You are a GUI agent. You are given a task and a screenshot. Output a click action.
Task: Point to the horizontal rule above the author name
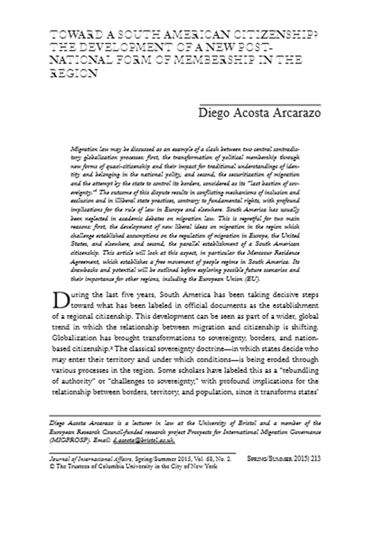click(260, 104)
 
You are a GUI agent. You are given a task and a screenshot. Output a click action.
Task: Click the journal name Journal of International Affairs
click(84, 459)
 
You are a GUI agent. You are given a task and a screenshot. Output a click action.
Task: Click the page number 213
click(315, 459)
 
